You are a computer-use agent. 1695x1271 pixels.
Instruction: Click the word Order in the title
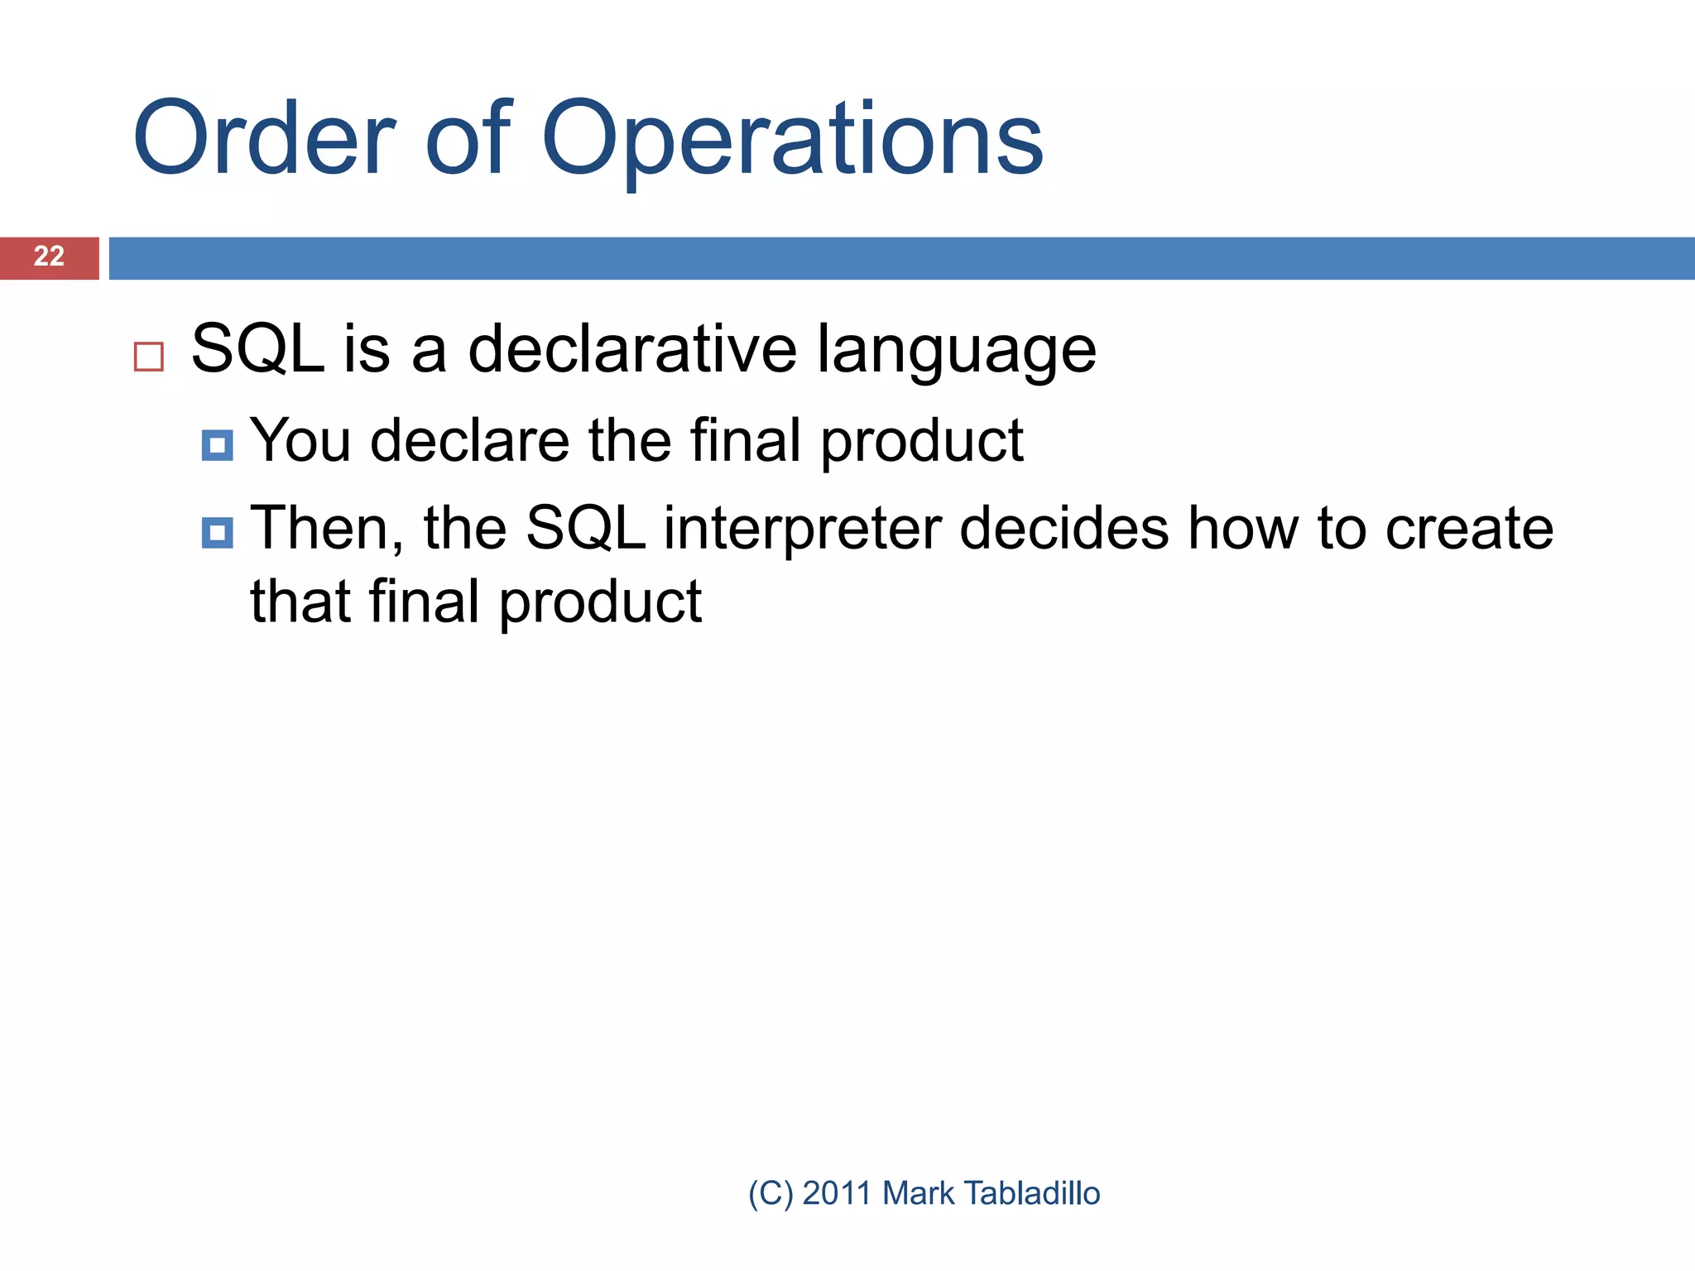pyautogui.click(x=263, y=139)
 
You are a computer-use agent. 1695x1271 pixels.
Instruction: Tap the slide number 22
pyautogui.click(x=49, y=257)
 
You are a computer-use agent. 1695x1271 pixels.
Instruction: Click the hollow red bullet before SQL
pyautogui.click(x=149, y=357)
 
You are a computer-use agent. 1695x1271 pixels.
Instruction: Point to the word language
pyautogui.click(x=956, y=352)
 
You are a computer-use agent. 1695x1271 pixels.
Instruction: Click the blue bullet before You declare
pyautogui.click(x=217, y=445)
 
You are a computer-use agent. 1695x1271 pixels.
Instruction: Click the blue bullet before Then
pyautogui.click(x=217, y=533)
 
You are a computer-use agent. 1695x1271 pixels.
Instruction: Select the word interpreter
pyautogui.click(x=802, y=530)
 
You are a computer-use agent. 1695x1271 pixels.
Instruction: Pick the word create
pyautogui.click(x=1469, y=530)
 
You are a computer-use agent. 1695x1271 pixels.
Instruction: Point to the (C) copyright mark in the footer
pyautogui.click(x=771, y=1193)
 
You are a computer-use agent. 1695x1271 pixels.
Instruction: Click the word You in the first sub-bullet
pyautogui.click(x=300, y=440)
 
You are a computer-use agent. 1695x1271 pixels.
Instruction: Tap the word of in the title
pyautogui.click(x=468, y=139)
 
